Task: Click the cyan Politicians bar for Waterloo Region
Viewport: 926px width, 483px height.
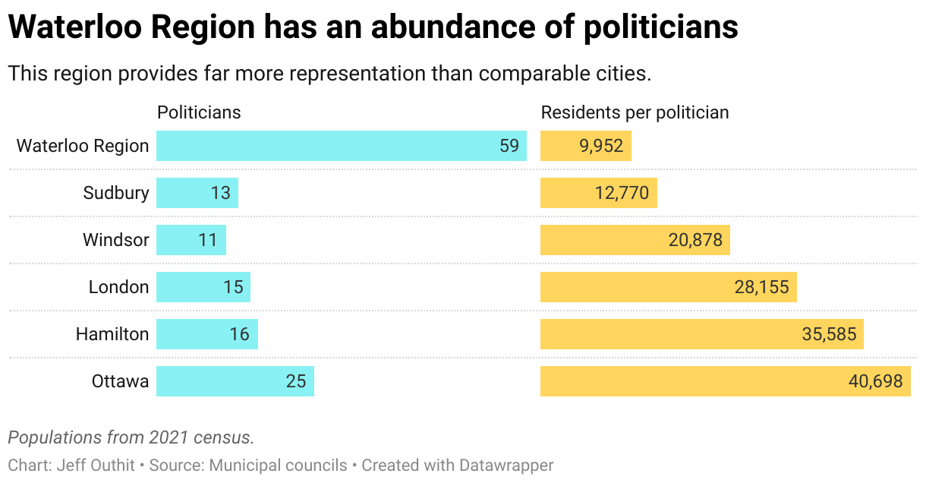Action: click(x=342, y=146)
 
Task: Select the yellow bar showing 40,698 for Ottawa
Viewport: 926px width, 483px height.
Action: click(x=725, y=381)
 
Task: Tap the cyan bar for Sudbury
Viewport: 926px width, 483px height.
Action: click(x=197, y=193)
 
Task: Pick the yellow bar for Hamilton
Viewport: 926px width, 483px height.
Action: click(x=701, y=334)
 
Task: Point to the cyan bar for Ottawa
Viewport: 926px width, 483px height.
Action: click(x=235, y=381)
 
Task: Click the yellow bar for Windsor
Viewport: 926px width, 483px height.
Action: click(x=635, y=240)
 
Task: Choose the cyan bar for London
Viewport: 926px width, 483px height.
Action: click(x=203, y=287)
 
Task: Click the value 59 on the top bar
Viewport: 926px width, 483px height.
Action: click(x=509, y=146)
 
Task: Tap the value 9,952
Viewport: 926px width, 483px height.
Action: click(x=601, y=146)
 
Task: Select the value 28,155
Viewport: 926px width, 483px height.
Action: click(x=761, y=287)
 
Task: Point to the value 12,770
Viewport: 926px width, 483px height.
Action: click(x=622, y=193)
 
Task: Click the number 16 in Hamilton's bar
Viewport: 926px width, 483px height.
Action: click(x=239, y=334)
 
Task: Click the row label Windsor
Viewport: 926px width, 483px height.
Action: click(x=116, y=240)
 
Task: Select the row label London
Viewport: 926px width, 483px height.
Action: click(x=119, y=287)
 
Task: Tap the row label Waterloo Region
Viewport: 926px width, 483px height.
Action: click(x=83, y=146)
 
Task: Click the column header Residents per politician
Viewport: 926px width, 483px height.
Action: click(x=635, y=112)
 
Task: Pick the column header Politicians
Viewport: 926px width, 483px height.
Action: click(x=199, y=112)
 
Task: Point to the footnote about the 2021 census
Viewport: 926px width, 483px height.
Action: click(x=131, y=437)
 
